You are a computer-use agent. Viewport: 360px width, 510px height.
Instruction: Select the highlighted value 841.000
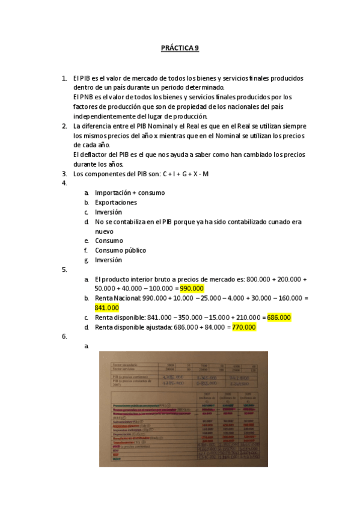point(107,308)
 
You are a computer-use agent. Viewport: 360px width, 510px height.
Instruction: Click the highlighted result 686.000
point(279,318)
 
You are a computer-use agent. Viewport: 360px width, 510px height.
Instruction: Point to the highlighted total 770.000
point(244,327)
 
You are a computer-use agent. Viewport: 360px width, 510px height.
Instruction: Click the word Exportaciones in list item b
point(116,203)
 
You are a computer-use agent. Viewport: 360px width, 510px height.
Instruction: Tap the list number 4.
point(64,183)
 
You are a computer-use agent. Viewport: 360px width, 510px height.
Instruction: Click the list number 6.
point(64,337)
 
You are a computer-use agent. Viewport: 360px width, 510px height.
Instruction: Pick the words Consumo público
point(120,250)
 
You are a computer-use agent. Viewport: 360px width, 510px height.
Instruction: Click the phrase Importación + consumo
point(130,193)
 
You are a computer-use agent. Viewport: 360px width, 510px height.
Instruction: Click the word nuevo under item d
point(104,231)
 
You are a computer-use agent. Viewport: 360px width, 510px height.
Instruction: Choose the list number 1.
point(64,78)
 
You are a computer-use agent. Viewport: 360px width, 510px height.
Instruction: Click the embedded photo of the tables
point(183,409)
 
